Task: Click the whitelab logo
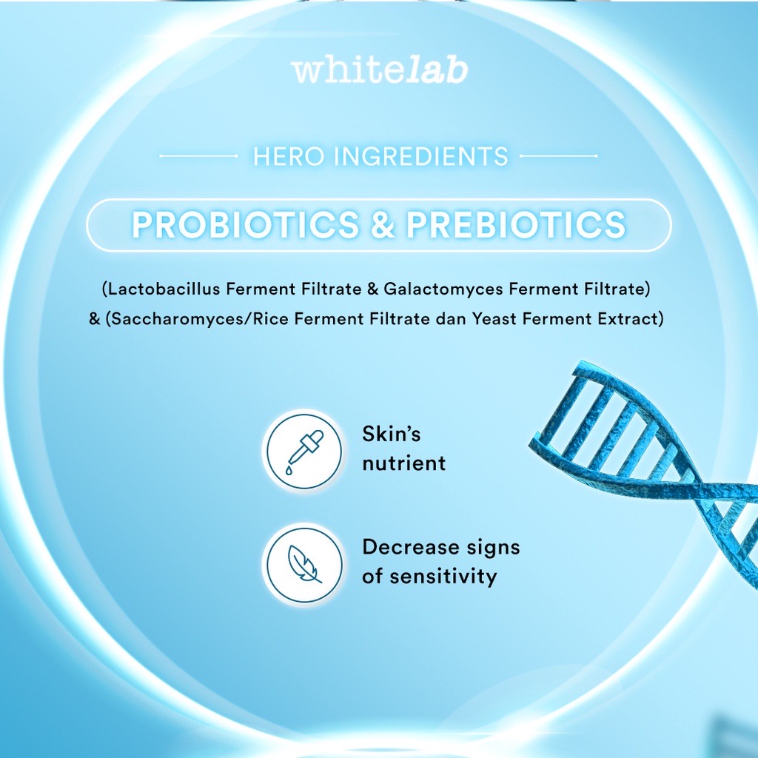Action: click(380, 70)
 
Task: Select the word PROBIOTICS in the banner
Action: click(246, 225)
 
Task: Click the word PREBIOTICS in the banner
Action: click(516, 225)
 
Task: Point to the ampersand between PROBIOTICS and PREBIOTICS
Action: click(383, 225)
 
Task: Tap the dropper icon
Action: click(304, 451)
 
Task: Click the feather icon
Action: click(304, 563)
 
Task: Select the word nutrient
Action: click(403, 463)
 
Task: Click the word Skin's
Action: click(391, 434)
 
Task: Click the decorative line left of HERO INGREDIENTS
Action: click(198, 156)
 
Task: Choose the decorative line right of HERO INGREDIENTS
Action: click(558, 156)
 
